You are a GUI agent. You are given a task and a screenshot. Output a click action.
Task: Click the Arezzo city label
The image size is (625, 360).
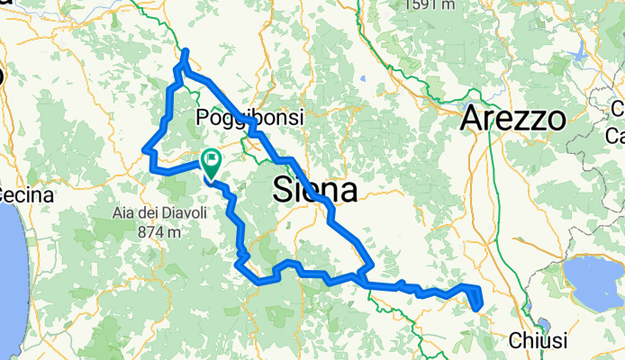tap(513, 118)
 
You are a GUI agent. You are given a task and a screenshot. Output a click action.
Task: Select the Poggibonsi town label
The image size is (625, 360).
tap(250, 117)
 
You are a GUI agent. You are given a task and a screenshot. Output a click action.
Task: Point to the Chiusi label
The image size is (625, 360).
tap(538, 341)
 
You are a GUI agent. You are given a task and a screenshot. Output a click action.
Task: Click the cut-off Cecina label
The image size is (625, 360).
tap(25, 194)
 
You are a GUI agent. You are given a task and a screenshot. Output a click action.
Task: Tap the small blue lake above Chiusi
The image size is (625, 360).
tap(543, 326)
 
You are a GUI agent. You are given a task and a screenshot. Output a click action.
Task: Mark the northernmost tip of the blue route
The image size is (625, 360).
tap(186, 52)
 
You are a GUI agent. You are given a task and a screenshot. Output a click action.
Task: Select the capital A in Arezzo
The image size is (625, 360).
tap(472, 118)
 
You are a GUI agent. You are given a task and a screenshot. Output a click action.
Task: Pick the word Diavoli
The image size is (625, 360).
tap(182, 213)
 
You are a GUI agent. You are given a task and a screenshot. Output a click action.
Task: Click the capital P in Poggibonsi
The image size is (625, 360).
tap(203, 117)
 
